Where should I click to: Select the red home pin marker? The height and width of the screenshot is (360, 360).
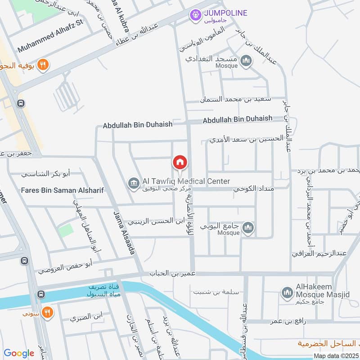click(180, 162)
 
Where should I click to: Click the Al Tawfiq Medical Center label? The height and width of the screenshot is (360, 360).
click(186, 181)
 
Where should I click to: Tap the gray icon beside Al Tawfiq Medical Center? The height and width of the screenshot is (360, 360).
click(133, 183)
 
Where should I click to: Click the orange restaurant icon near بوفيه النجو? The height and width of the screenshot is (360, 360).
click(43, 65)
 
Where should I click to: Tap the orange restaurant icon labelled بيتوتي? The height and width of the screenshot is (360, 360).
click(47, 311)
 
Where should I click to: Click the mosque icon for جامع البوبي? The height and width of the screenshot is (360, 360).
click(248, 229)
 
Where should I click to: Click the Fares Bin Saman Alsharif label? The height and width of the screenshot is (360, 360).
click(62, 190)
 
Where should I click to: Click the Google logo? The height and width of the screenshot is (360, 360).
click(19, 353)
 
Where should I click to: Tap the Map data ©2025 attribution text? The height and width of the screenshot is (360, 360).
click(336, 355)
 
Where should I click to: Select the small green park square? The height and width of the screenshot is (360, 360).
click(66, 230)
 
